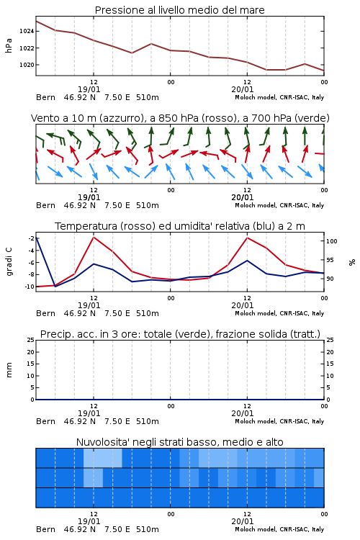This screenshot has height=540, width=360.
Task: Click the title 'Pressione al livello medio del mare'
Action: (x=180, y=10)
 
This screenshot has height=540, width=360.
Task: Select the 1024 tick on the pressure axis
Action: (x=27, y=32)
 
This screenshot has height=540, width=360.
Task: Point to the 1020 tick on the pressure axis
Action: (x=27, y=65)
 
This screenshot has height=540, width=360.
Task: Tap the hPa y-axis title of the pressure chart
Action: (x=9, y=45)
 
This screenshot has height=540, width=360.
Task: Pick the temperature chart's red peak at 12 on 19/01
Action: (x=94, y=237)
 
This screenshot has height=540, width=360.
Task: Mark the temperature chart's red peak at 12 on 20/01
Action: (x=247, y=238)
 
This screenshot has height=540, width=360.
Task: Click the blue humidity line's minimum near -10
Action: (x=55, y=286)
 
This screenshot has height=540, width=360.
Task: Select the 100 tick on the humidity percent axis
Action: (x=331, y=241)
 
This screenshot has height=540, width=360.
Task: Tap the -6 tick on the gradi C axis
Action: (x=31, y=263)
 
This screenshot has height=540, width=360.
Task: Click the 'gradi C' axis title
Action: (x=9, y=261)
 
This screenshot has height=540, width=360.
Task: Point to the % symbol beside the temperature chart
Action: (x=352, y=262)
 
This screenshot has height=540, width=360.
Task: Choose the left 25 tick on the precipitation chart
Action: (x=31, y=341)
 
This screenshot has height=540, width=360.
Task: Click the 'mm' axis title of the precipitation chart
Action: (x=9, y=370)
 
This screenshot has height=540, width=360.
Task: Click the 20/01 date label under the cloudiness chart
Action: (x=242, y=521)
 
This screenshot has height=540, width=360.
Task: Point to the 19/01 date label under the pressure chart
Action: (x=89, y=89)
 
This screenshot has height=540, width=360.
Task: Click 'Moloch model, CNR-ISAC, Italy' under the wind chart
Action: (x=279, y=205)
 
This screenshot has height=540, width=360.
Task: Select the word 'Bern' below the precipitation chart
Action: (x=45, y=421)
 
